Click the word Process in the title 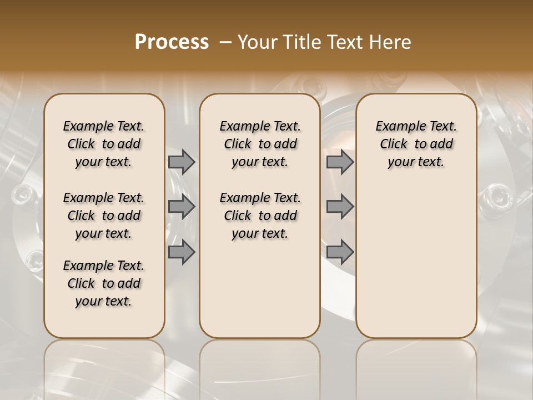coord(172,42)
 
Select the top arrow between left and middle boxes coord(182,162)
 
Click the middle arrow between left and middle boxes coord(182,207)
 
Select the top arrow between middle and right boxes coord(340,162)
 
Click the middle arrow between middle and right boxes coord(340,207)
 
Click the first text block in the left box coord(104,144)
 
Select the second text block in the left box coord(104,216)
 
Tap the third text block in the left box coord(104,283)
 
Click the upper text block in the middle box coord(260,144)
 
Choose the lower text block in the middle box coord(260,216)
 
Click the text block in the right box coord(416,144)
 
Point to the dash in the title coord(225,42)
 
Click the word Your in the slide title coord(259,42)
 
